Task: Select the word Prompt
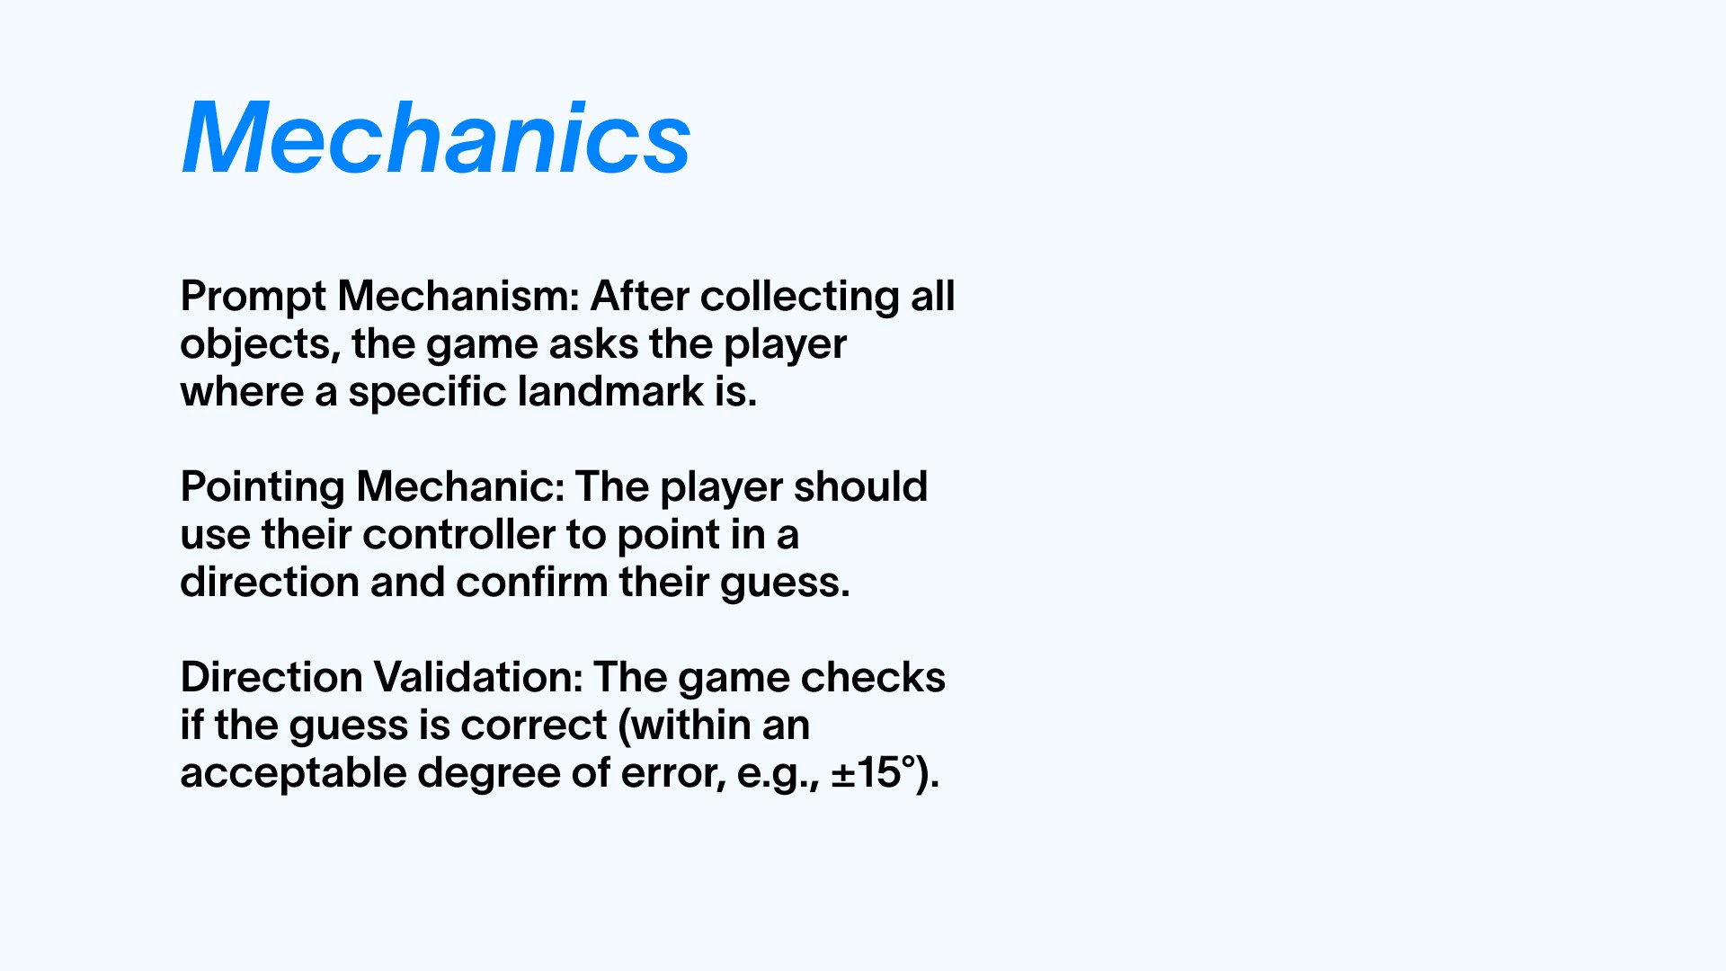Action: (x=254, y=297)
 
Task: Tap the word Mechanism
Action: (x=458, y=296)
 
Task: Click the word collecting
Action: (x=800, y=297)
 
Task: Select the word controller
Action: (x=459, y=535)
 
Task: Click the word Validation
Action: (x=477, y=677)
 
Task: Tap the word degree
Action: (x=489, y=774)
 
